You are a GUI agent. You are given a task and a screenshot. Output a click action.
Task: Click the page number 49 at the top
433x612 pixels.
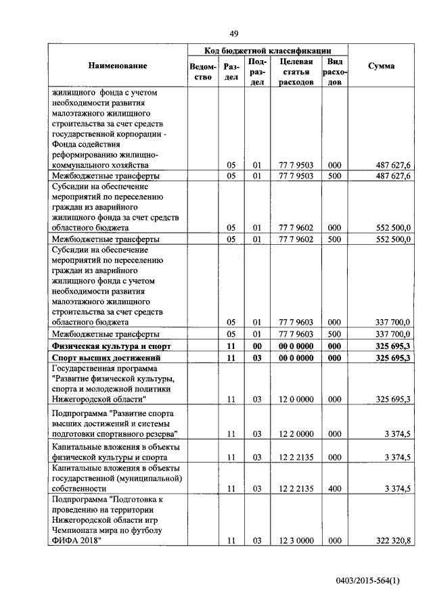pyautogui.click(x=234, y=34)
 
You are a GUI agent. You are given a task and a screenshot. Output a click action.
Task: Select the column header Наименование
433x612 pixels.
pyautogui.click(x=117, y=66)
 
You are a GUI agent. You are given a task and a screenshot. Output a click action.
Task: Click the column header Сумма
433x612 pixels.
pyautogui.click(x=382, y=66)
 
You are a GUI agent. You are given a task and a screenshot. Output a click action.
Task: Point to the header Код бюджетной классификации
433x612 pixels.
pyautogui.click(x=268, y=50)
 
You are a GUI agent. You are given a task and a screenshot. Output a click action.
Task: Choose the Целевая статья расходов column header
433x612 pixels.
pyautogui.click(x=296, y=72)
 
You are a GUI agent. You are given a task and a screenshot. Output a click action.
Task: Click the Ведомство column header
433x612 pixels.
pyautogui.click(x=204, y=72)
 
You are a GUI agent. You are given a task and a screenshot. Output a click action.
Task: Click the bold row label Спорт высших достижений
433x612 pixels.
pyautogui.click(x=106, y=358)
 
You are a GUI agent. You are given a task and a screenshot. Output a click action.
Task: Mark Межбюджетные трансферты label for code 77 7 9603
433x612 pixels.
pyautogui.click(x=106, y=333)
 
